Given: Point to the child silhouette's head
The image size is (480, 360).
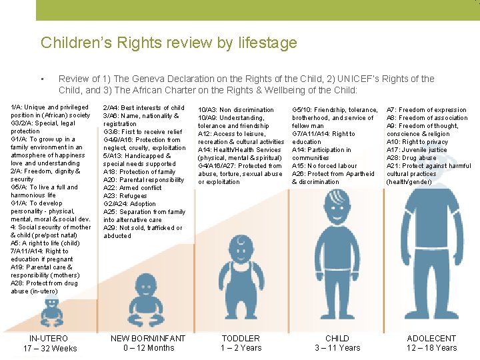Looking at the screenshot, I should coord(337,213).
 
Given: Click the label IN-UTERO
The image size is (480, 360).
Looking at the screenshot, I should coord(49,339).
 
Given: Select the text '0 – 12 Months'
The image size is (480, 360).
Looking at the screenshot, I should coord(148,348).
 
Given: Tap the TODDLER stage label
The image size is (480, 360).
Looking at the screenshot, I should coord(241,339).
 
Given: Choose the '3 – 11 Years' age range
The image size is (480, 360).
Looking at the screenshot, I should coord(337,348).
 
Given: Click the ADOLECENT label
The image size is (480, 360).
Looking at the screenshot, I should coord(431,339).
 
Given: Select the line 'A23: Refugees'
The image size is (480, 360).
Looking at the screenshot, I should coord(125,196).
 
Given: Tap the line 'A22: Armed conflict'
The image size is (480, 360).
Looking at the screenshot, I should coord(132,188).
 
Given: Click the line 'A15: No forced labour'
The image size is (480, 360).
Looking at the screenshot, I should coord(324,166).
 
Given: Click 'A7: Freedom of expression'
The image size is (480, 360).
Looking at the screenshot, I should coord(427,110).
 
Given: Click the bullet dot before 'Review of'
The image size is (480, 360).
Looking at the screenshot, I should coord(42,79).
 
